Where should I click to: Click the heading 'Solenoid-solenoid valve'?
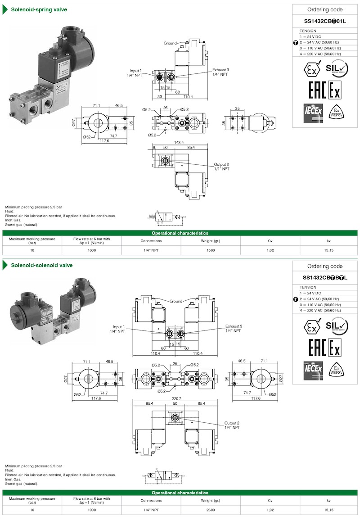(41, 265)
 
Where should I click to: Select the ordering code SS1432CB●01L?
(324, 21)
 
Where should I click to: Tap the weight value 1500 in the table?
(211, 249)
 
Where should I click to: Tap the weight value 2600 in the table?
(211, 510)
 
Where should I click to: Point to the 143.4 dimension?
(179, 142)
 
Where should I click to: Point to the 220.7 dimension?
(176, 398)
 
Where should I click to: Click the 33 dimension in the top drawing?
(159, 96)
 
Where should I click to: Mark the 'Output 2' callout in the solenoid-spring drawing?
(221, 167)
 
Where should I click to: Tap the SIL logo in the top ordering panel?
(337, 68)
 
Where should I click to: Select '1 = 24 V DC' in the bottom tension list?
(311, 293)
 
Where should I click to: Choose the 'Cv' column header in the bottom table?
(270, 500)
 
